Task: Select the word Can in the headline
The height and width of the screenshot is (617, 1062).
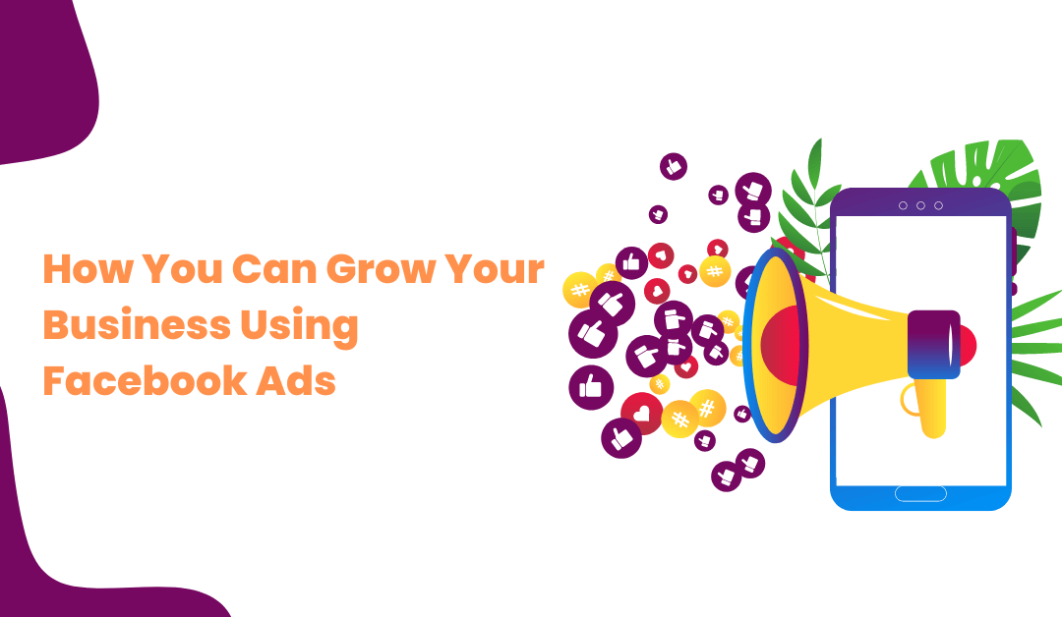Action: tap(274, 268)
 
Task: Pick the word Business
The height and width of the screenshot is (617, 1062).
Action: tap(136, 325)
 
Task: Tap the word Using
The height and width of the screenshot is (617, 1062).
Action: tap(299, 327)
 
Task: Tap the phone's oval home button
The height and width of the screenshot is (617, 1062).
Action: tap(920, 493)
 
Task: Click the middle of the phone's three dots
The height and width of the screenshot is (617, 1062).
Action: tap(920, 205)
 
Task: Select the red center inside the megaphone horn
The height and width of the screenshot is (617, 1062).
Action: tap(780, 345)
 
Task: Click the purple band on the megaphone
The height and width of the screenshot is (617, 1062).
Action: tap(933, 344)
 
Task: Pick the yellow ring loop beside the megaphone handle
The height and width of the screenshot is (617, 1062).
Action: tap(907, 401)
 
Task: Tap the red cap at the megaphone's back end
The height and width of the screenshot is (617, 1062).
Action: tap(968, 345)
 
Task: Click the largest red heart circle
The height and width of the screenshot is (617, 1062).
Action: tap(641, 414)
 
